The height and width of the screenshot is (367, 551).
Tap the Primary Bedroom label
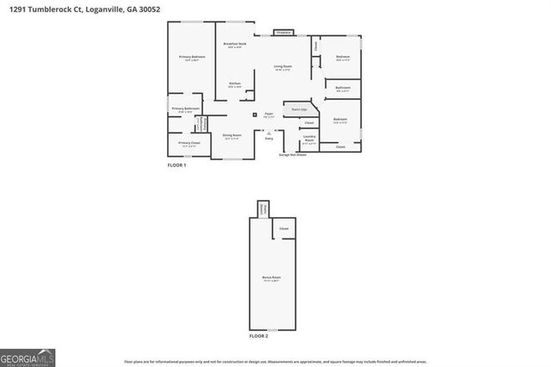(x=192, y=57)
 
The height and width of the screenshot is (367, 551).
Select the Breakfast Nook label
(x=235, y=44)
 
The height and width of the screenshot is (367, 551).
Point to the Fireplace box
(x=282, y=33)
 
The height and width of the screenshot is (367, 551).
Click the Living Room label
(x=283, y=66)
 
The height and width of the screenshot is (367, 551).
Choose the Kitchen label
(x=234, y=84)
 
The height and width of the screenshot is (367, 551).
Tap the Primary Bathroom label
(x=188, y=109)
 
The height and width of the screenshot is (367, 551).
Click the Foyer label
(x=269, y=113)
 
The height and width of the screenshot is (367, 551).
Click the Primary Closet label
(x=189, y=143)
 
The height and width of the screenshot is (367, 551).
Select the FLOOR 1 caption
(x=176, y=164)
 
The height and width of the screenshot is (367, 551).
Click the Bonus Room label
(x=272, y=277)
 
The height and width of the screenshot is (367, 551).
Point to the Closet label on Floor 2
(x=283, y=228)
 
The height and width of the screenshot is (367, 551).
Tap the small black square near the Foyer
(x=255, y=114)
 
